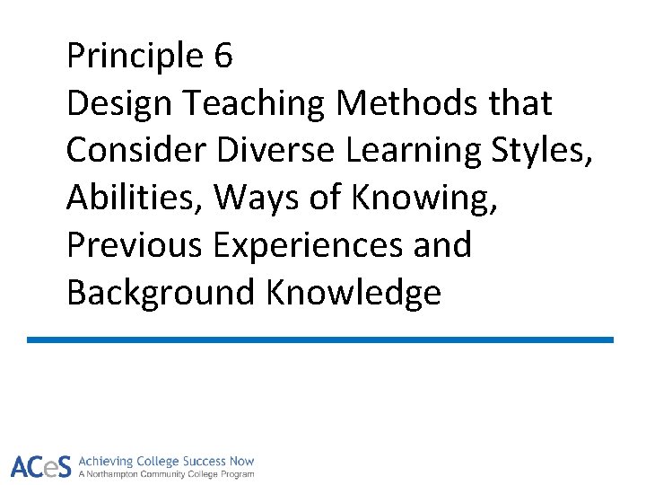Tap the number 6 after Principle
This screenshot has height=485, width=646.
(x=224, y=57)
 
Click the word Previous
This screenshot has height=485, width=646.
(x=135, y=245)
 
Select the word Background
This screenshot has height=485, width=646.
(x=161, y=293)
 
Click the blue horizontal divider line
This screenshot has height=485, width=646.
(x=320, y=339)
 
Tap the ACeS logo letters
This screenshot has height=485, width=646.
(x=41, y=466)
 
